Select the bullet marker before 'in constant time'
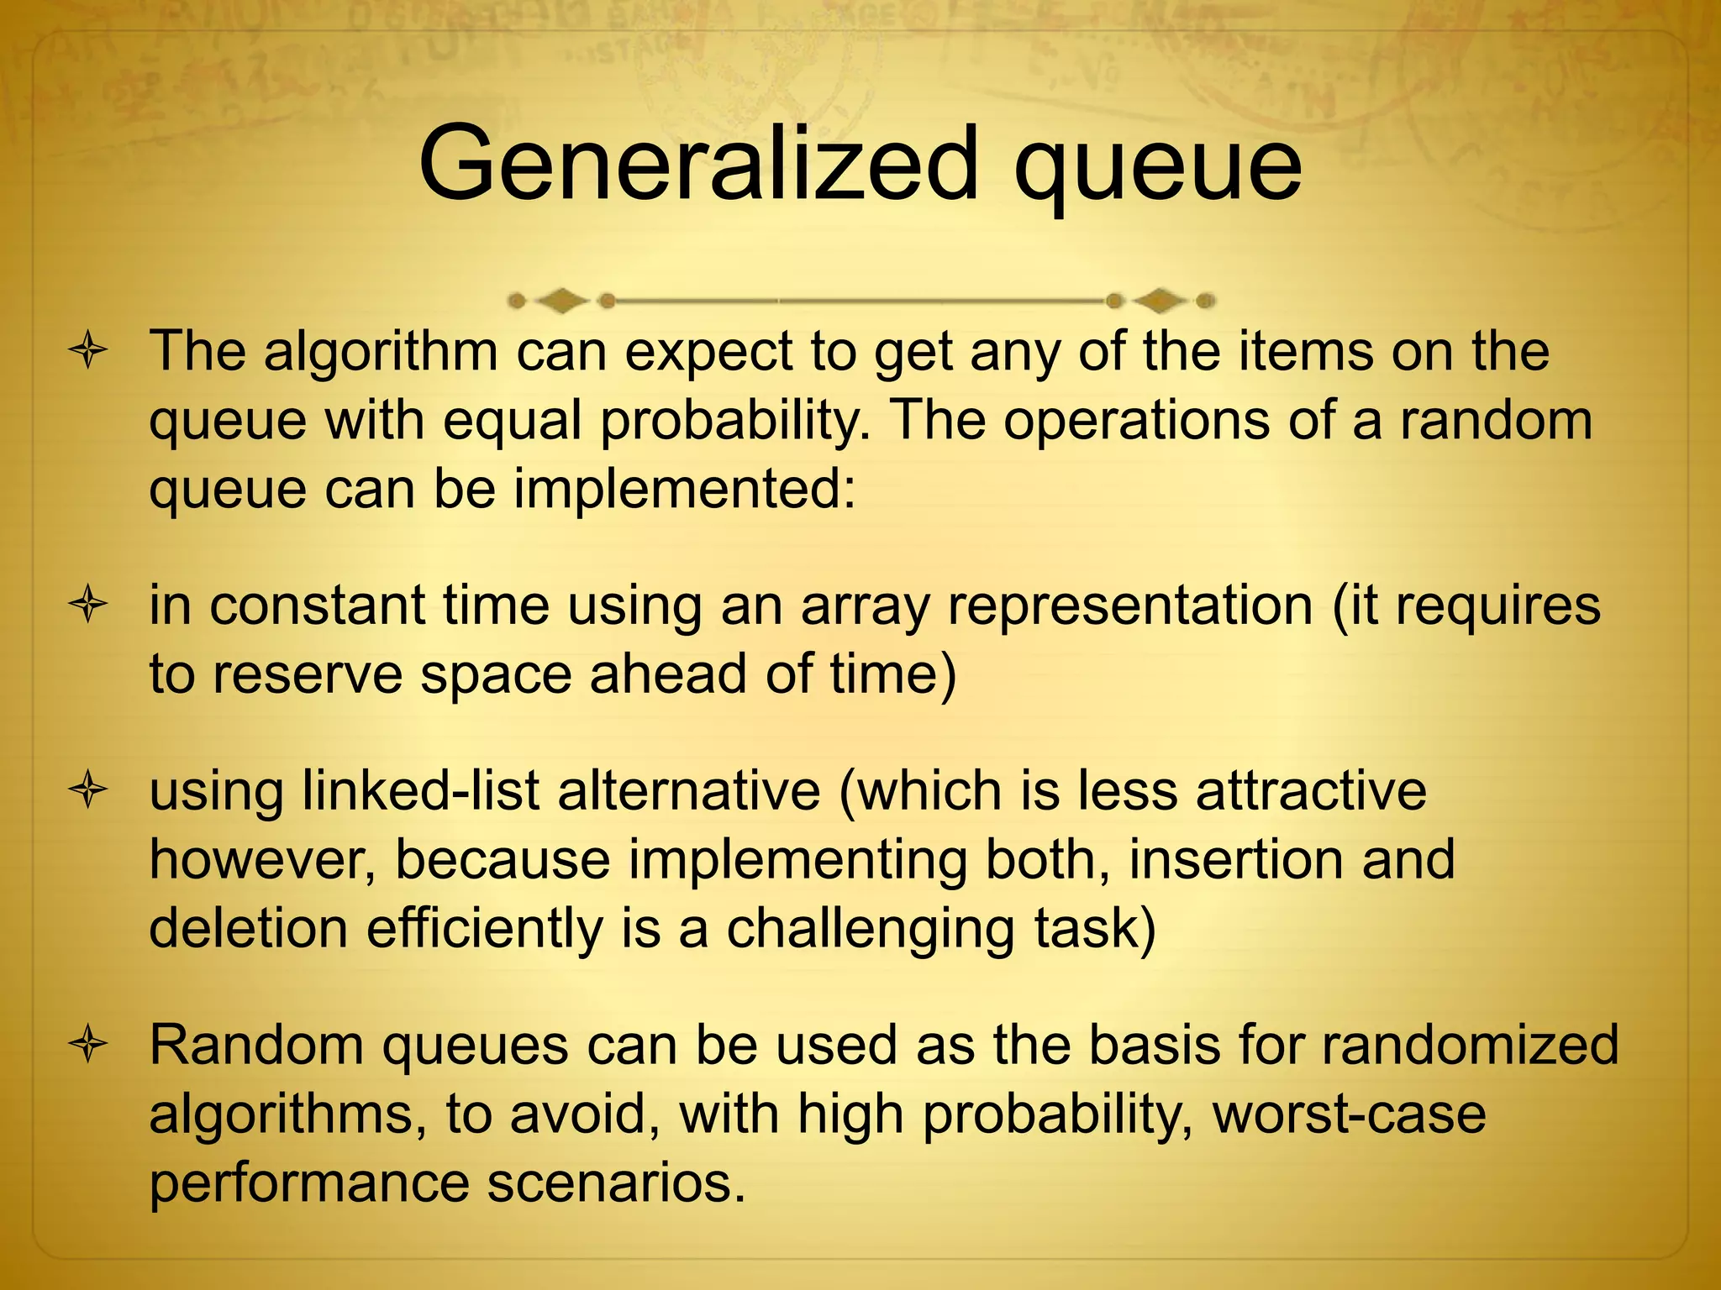88,606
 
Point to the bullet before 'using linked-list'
88,792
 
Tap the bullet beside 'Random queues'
88,1046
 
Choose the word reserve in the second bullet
308,675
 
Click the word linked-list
420,792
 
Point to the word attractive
1311,792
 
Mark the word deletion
249,929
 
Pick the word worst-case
1350,1115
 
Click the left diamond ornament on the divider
561,300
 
